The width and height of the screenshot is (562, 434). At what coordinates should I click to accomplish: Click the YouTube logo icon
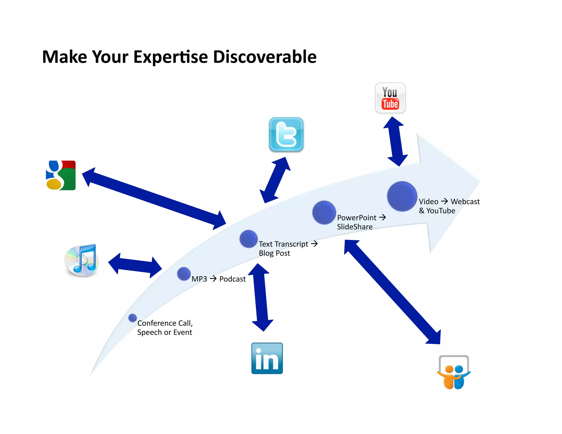pos(390,98)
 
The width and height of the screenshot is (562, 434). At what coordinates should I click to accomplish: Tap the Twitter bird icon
pos(286,135)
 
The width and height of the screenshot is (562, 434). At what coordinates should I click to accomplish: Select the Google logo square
pos(61,175)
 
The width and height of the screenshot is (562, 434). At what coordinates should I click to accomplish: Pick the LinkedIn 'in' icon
pos(267,358)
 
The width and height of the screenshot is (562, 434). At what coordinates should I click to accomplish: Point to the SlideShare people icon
pos(454,373)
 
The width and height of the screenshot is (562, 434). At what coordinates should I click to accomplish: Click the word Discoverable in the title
pos(265,57)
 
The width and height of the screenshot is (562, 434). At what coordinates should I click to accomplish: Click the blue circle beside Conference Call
pos(133,318)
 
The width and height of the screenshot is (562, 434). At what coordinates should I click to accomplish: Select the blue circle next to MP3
pos(184,274)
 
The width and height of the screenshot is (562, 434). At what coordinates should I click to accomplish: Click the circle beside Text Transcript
pos(248,239)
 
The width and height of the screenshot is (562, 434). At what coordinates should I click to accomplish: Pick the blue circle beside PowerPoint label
pos(324,212)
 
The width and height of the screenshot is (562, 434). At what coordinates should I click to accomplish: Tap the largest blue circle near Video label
pos(402,196)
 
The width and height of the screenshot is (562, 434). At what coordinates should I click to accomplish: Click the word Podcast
pos(232,279)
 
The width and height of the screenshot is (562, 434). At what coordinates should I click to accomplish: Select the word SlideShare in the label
pos(355,227)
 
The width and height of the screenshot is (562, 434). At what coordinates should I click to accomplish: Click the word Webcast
pos(465,202)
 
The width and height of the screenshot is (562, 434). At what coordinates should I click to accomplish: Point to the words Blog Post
pos(274,253)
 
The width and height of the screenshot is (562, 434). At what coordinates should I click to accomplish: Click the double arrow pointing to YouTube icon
pos(395,141)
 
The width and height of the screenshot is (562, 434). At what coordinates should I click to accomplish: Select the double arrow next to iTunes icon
pos(135,265)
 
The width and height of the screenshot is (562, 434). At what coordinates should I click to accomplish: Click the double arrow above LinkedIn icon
pos(261,297)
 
